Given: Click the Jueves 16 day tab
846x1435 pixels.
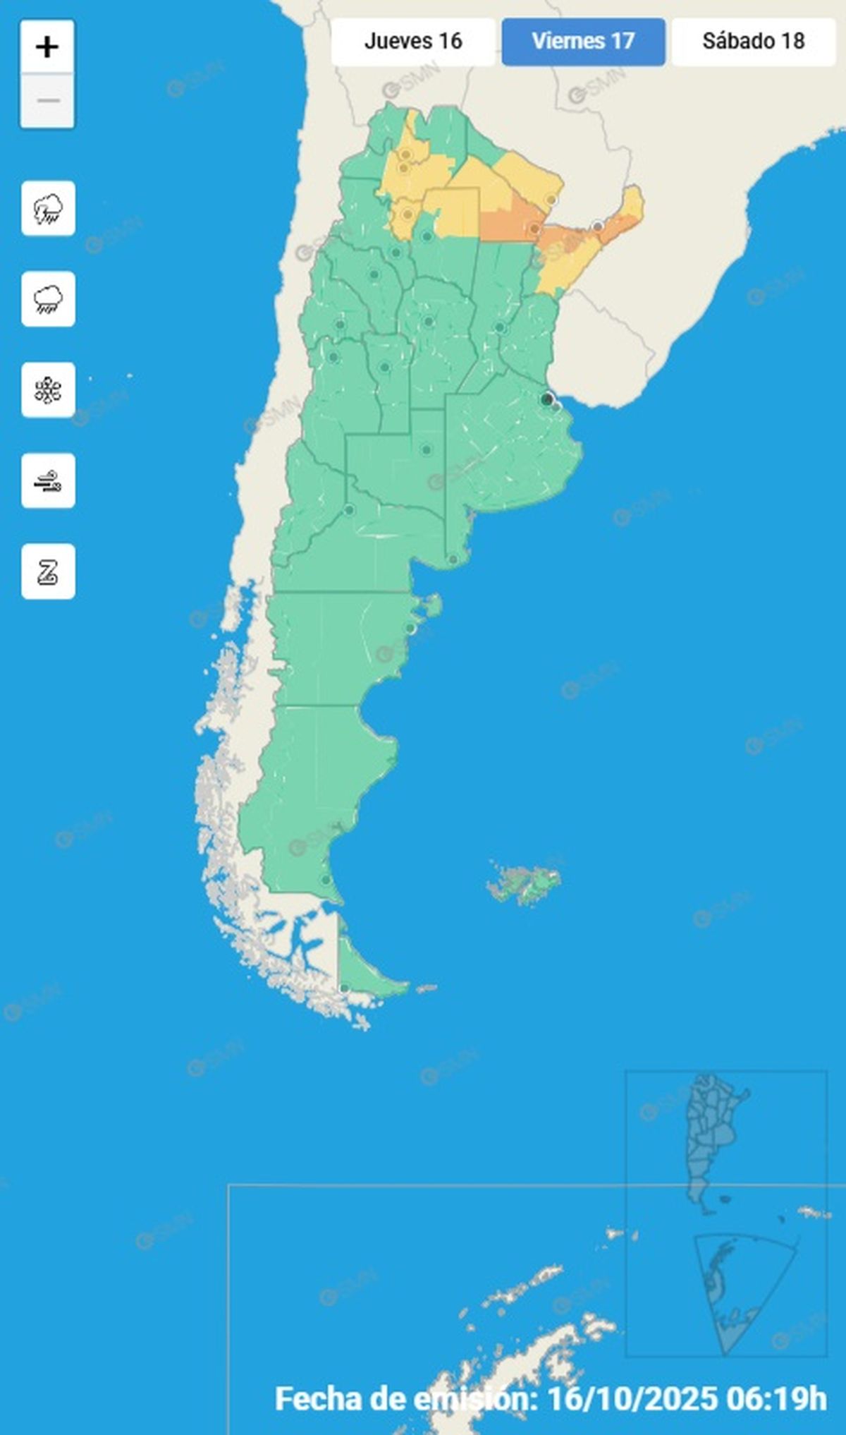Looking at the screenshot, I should coord(413,42).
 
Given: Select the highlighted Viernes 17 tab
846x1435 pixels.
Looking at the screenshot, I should coord(583,42).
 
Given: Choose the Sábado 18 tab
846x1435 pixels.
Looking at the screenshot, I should coord(753,42).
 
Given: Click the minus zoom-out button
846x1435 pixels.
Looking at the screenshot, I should coord(47,101).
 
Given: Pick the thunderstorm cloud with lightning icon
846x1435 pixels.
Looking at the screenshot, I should coord(48,209).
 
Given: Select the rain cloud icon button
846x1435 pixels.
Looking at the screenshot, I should coord(48,299).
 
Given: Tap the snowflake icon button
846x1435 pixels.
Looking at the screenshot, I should coord(48,390).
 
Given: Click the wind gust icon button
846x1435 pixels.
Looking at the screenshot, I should coord(48,481).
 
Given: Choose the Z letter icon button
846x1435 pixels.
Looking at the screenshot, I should coord(48,571).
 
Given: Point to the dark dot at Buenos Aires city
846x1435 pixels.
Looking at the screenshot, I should coord(546,399).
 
